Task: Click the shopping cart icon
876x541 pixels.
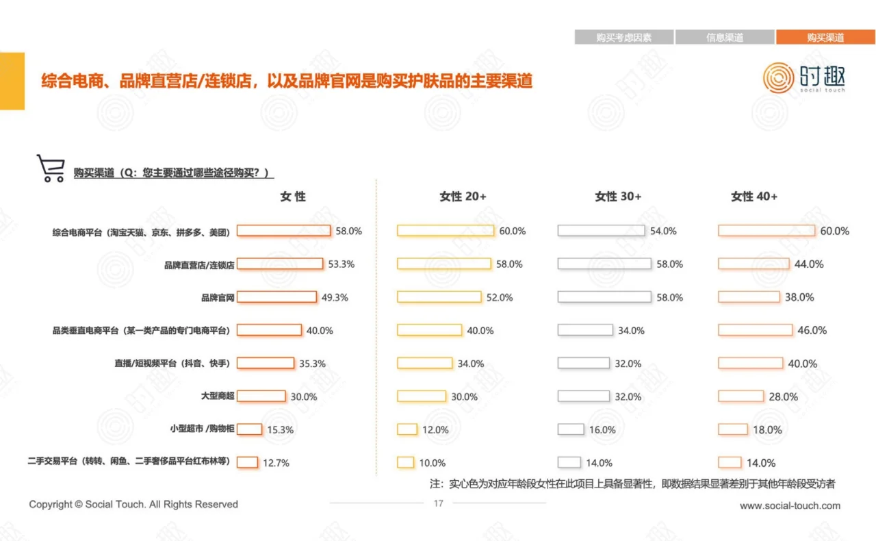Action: [50, 168]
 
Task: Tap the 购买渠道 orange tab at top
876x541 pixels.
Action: [825, 38]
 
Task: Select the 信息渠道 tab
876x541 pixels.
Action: [725, 38]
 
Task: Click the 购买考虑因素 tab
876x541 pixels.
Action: [623, 38]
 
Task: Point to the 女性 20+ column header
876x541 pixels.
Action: [463, 197]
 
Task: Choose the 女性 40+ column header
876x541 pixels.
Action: [754, 197]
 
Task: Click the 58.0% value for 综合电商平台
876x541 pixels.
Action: [348, 231]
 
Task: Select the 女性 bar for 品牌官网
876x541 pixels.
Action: [276, 297]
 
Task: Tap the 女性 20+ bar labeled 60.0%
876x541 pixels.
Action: [445, 231]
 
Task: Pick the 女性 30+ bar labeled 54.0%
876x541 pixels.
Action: [601, 231]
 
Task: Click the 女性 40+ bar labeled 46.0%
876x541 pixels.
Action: [755, 330]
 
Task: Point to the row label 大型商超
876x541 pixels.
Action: [218, 397]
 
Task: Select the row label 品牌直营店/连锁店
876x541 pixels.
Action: [199, 264]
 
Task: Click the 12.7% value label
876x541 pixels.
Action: [276, 463]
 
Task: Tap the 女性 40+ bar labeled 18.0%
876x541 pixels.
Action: [733, 429]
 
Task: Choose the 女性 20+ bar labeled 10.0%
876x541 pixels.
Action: [405, 462]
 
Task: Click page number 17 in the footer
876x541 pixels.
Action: [439, 503]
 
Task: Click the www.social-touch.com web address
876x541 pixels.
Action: [790, 505]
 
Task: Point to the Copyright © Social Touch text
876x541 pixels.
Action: [133, 504]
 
